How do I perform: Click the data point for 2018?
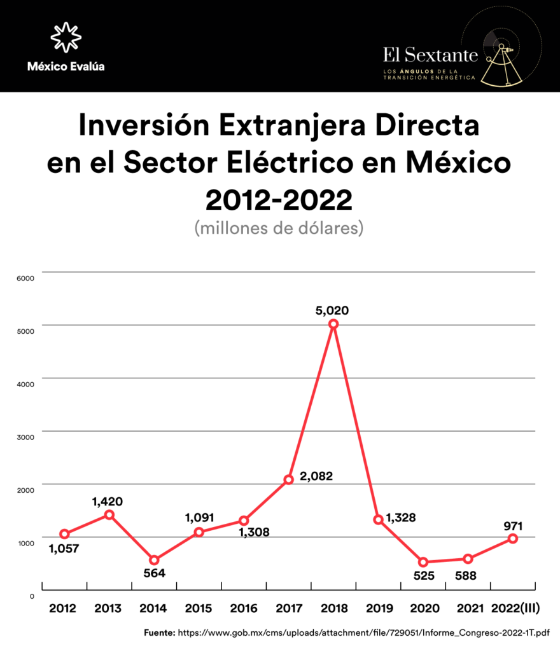tap(333, 324)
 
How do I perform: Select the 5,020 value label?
tap(332, 311)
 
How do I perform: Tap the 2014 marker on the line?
tap(154, 560)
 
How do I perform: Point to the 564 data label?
tap(154, 573)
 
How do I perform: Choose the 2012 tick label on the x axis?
tap(63, 608)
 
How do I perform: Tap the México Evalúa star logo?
tap(66, 36)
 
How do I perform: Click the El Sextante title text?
tap(430, 55)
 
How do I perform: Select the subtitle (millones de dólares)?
tap(279, 228)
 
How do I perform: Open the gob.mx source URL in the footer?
tap(363, 633)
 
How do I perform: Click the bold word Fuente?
tap(159, 633)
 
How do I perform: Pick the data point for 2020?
tap(423, 562)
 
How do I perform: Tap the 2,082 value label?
tap(316, 476)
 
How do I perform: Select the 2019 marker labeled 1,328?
tap(378, 520)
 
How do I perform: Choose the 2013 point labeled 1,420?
tap(109, 514)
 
